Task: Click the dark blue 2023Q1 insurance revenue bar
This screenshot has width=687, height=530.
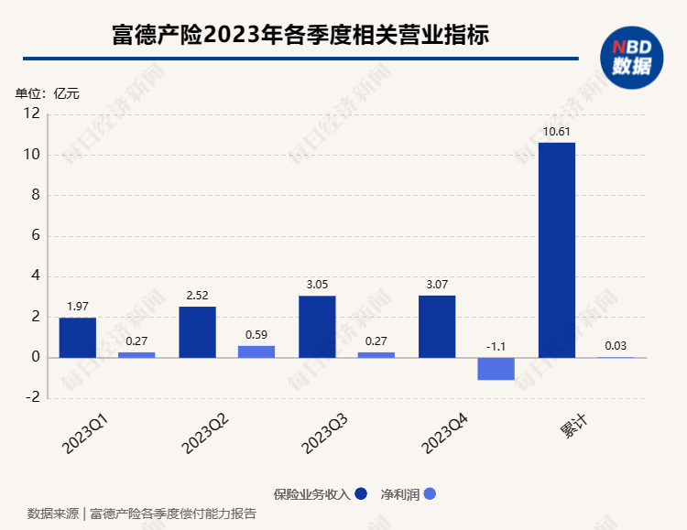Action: point(77,337)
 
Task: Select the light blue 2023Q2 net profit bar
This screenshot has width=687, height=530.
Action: point(256,352)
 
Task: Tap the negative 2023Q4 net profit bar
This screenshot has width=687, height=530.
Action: point(496,368)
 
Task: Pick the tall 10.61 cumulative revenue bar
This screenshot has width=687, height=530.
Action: point(556,249)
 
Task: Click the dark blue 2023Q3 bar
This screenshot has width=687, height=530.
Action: point(316,326)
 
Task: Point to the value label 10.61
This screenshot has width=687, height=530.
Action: point(556,132)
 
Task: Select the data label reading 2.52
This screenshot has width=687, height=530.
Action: point(197,296)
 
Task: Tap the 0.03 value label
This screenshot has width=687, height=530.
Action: point(616,346)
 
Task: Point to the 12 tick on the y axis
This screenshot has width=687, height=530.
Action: point(32,114)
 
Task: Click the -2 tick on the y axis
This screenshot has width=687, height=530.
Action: point(33,398)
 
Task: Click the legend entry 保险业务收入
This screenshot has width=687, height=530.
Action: point(320,494)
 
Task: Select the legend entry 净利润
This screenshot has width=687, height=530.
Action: point(409,494)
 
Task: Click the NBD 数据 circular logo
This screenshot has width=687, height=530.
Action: point(631,57)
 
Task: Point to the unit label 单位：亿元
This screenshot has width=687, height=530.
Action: point(48,93)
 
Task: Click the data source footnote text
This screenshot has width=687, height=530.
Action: point(142,514)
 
